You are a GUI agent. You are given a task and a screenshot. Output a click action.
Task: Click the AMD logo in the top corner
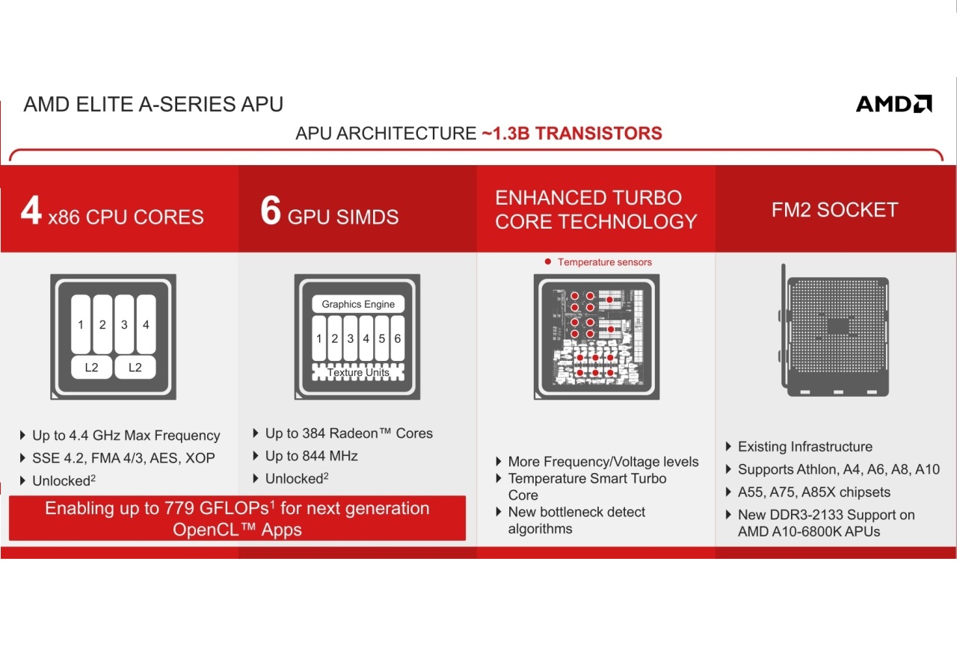click(x=893, y=104)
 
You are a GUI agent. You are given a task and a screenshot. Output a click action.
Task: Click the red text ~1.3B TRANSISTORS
click(x=572, y=133)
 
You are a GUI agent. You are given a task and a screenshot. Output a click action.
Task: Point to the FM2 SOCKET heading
click(x=835, y=209)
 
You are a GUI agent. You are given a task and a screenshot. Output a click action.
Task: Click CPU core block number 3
click(x=124, y=324)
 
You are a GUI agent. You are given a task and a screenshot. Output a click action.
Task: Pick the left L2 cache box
click(x=91, y=367)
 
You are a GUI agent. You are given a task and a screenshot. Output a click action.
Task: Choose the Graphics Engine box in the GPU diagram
click(x=358, y=304)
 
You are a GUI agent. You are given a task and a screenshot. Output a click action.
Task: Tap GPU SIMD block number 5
click(x=381, y=338)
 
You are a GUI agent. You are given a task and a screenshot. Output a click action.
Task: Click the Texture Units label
click(x=358, y=372)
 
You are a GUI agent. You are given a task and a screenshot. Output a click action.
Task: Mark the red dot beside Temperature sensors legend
click(x=548, y=262)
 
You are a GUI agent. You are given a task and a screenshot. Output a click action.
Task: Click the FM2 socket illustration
click(x=834, y=331)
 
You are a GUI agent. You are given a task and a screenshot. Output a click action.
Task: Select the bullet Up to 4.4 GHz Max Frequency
click(x=126, y=436)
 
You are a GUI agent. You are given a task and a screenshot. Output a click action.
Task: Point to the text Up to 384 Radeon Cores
click(x=349, y=433)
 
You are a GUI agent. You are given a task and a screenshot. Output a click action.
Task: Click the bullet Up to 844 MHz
click(x=312, y=456)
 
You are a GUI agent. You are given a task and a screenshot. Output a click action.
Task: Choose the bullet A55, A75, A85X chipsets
click(x=814, y=492)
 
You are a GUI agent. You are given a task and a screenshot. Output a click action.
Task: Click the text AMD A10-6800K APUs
click(x=809, y=531)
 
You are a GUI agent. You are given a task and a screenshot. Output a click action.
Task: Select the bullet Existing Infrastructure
click(x=805, y=447)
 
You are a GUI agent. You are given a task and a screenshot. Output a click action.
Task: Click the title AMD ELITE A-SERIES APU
click(x=153, y=104)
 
